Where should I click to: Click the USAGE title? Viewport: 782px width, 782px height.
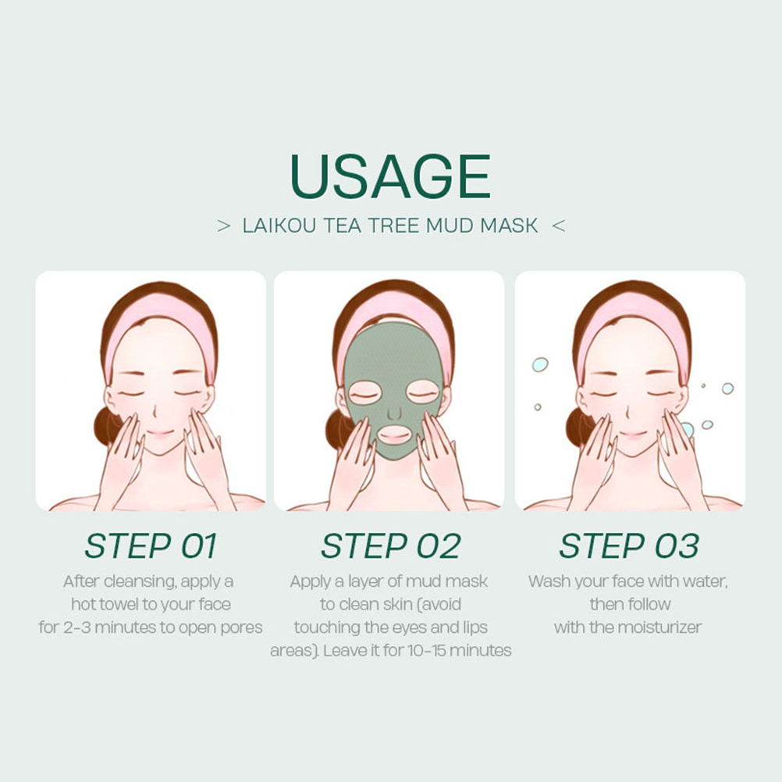pos(390,176)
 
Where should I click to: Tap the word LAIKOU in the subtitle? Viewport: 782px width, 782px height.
pos(279,226)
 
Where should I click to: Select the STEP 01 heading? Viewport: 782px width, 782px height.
pos(151,546)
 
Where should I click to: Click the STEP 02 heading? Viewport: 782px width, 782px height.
pos(390,546)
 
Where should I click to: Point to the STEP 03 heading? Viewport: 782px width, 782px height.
pos(629,546)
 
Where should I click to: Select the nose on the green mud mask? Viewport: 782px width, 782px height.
pos(394,412)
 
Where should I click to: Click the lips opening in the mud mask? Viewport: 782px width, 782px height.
pos(394,435)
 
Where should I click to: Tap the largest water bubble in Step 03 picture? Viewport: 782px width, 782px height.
pos(540,364)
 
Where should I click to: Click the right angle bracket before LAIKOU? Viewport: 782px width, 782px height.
pos(224,226)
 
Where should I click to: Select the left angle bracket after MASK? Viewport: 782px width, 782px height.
pos(559,226)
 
